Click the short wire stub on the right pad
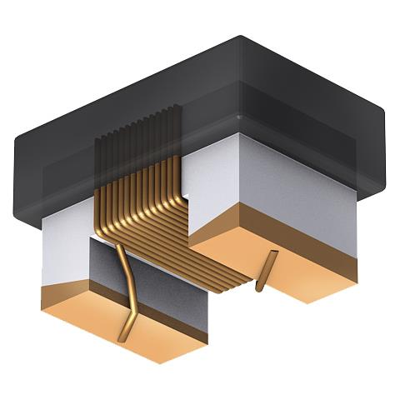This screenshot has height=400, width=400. click(x=264, y=271)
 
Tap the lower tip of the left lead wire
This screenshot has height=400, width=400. click(x=122, y=337)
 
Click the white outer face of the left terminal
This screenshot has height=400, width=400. click(x=62, y=246)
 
